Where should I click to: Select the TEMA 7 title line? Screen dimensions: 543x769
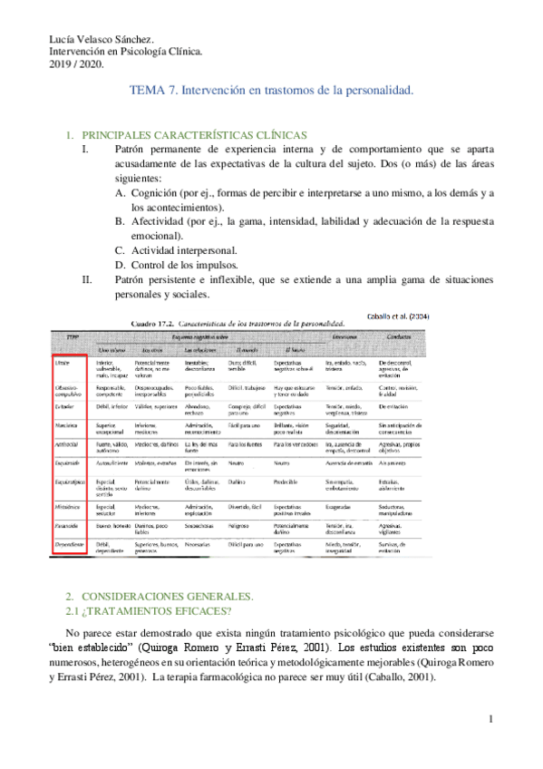(x=272, y=91)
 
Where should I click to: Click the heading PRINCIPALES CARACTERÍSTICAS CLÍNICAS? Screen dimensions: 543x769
(x=194, y=134)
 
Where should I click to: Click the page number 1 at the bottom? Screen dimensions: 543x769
(x=490, y=720)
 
